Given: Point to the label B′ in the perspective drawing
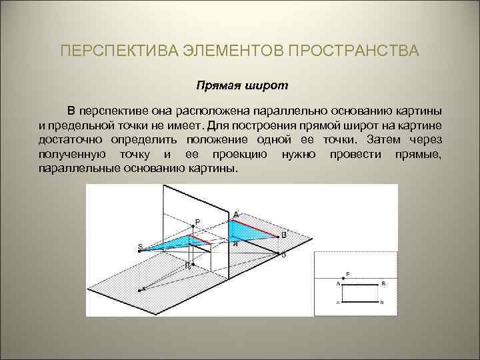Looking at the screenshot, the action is coord(285,235).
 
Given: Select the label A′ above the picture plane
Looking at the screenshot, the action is coord(237,214).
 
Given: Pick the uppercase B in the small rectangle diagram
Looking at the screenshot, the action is coord(383,283).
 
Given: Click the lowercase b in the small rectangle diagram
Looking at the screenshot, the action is coord(383,303).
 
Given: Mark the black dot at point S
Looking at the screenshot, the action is coord(141,251).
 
